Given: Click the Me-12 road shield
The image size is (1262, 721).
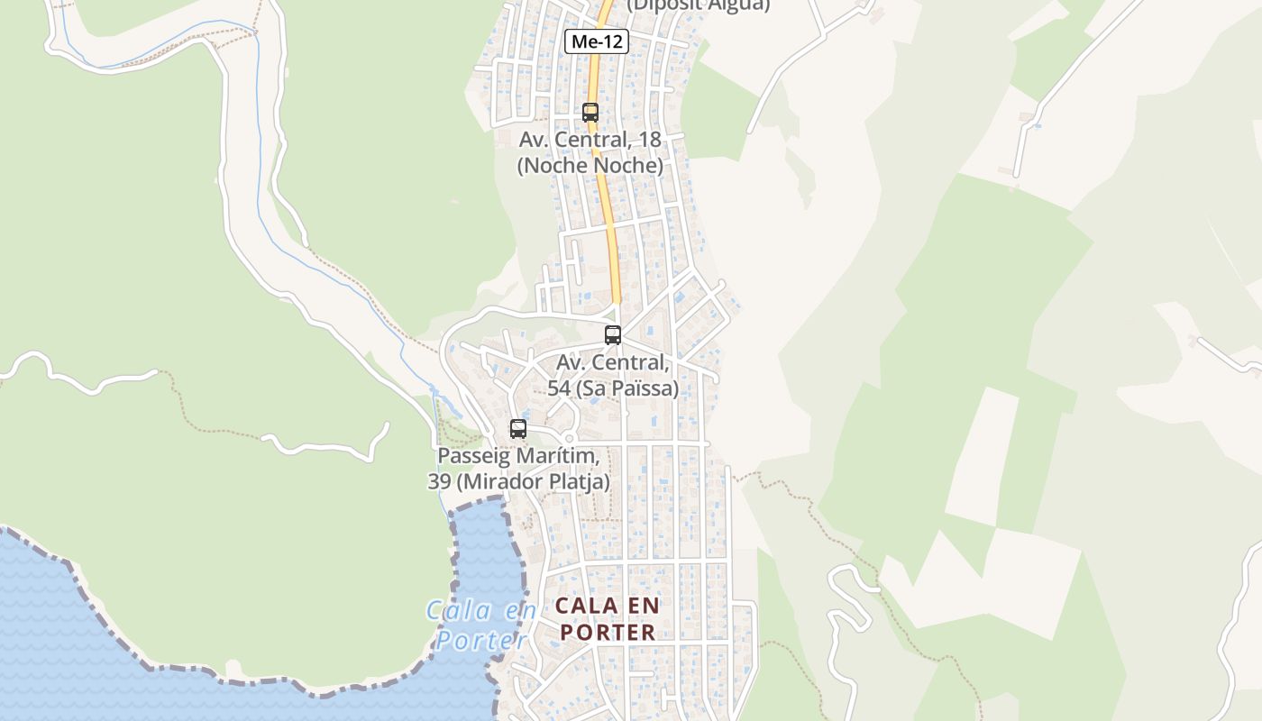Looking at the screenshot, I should tap(596, 41).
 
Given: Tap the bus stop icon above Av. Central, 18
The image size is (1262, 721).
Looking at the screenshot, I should tap(590, 113).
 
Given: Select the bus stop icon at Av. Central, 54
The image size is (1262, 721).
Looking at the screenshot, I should tap(613, 335).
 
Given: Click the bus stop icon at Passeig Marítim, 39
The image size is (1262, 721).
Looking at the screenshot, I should tap(518, 429).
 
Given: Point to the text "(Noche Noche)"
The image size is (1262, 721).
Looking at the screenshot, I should tap(590, 166).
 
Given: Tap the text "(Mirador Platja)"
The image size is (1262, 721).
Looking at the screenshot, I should tap(533, 482).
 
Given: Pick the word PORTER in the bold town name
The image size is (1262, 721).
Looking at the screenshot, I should tap(608, 633).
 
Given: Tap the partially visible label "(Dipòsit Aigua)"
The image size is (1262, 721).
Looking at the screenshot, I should tap(699, 5).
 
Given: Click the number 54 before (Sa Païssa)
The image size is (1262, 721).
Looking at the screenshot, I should tap(561, 388).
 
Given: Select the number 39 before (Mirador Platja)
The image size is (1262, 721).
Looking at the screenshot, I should tap(439, 482).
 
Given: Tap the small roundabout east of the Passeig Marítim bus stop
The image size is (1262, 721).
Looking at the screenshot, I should tap(569, 439).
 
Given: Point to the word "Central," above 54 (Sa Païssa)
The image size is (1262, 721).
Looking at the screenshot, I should tap(631, 362).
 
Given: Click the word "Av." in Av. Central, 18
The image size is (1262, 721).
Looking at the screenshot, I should tap(534, 140).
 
